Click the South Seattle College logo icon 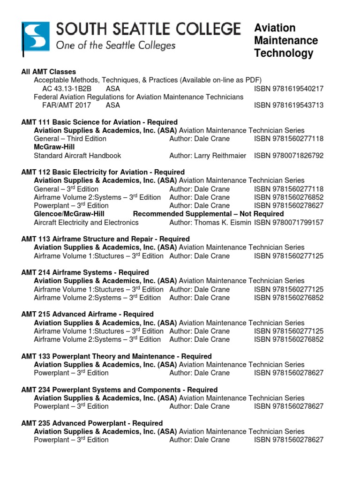36,37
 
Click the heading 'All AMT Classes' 49,72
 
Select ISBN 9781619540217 289,89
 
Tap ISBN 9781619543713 289,105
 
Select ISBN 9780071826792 289,156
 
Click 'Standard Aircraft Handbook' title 77,156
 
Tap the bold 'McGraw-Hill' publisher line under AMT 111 52,147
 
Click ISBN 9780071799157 289,223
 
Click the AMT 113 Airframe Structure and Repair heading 105,239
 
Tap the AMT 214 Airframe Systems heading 85,272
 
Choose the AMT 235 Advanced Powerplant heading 92,423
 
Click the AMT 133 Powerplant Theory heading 116,356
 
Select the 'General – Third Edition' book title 70,139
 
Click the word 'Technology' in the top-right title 284,53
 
